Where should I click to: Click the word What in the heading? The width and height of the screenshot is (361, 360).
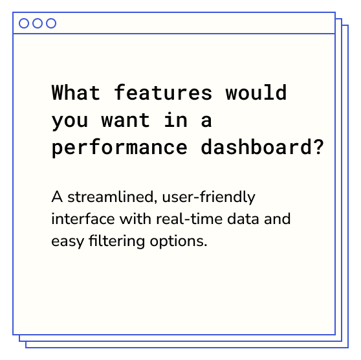(76, 92)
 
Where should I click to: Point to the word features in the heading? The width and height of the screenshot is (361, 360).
(163, 92)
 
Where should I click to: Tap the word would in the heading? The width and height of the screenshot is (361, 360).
(256, 92)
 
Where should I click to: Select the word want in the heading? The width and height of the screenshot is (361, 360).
(126, 120)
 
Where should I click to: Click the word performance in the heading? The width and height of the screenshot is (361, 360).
(120, 148)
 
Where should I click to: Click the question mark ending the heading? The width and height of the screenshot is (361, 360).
(319, 146)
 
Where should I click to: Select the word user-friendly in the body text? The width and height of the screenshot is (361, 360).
(208, 197)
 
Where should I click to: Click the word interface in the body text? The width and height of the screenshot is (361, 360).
(83, 218)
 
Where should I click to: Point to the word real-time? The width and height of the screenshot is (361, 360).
(190, 218)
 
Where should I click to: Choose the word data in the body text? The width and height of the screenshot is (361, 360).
(243, 219)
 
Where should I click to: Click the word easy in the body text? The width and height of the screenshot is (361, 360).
(67, 242)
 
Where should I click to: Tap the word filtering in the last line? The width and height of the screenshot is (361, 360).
(116, 242)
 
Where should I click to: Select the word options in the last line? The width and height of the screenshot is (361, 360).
(179, 242)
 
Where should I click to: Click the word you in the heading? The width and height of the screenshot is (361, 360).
(70, 122)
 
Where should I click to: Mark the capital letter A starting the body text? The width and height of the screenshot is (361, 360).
(57, 197)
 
